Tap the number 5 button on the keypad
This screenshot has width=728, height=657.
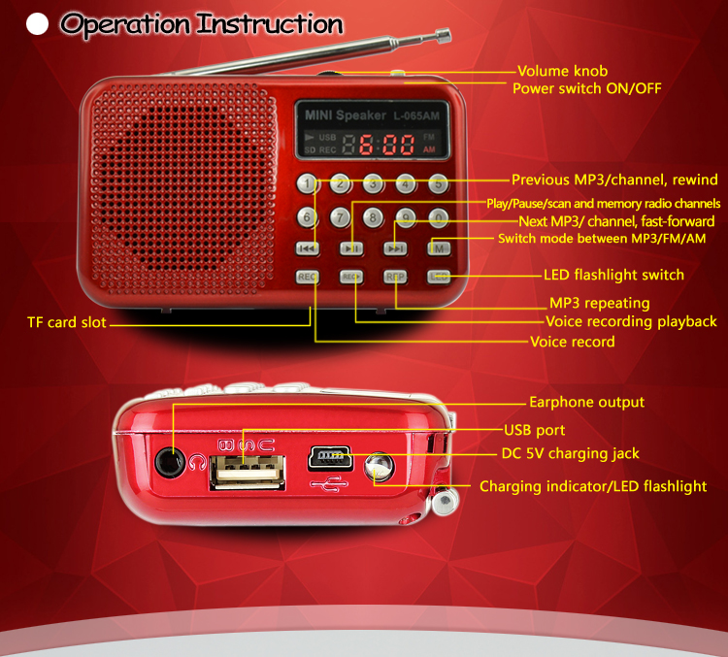tap(439, 183)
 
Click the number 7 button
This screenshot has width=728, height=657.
tap(341, 217)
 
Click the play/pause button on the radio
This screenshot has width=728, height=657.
tap(351, 248)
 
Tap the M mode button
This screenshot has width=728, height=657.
tap(439, 248)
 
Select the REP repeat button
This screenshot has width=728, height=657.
tap(395, 277)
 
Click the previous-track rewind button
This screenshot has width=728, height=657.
tap(308, 248)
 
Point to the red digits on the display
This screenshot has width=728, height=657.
tap(385, 145)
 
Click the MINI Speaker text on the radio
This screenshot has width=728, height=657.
tap(345, 115)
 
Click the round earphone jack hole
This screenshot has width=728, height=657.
tap(168, 462)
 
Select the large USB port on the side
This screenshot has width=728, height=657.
tap(247, 472)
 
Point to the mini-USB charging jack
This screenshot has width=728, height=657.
tap(329, 457)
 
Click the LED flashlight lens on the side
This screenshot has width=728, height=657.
tap(379, 467)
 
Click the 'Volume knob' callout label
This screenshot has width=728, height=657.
tap(563, 71)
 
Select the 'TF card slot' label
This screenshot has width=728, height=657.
tap(67, 322)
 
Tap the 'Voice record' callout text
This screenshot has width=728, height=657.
tap(573, 342)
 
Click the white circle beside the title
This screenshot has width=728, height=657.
tap(37, 23)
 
